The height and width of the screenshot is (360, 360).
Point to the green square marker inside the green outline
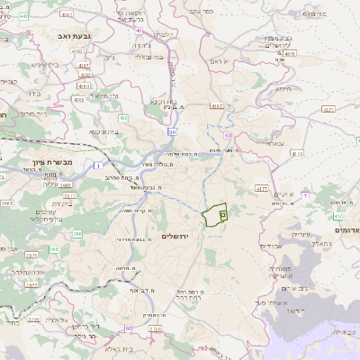223,215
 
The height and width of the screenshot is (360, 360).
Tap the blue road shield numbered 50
170,132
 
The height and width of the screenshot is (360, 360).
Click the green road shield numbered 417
337,216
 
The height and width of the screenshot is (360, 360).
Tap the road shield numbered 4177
261,189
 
